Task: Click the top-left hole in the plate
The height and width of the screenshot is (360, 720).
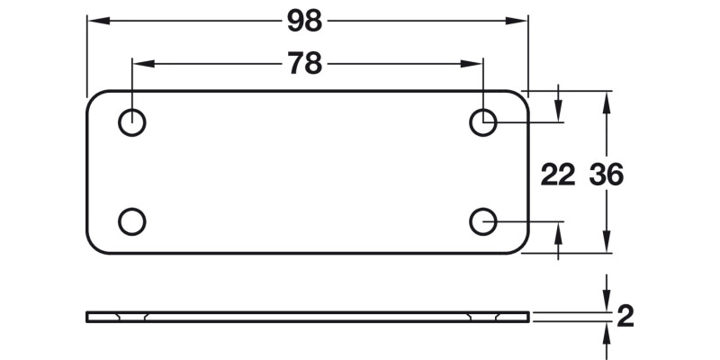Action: (132, 122)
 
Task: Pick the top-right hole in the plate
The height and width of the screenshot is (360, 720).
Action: (483, 122)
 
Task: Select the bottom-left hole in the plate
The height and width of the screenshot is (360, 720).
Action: (132, 220)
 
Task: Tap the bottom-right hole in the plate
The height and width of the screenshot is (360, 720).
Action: (483, 220)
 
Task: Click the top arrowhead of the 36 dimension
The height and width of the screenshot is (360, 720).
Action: (608, 100)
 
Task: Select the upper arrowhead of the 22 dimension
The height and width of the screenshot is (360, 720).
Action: (559, 112)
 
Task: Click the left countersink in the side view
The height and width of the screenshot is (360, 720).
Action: (132, 316)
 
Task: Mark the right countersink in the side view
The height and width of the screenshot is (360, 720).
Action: (483, 316)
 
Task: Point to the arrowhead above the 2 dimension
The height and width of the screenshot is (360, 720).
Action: (608, 302)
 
